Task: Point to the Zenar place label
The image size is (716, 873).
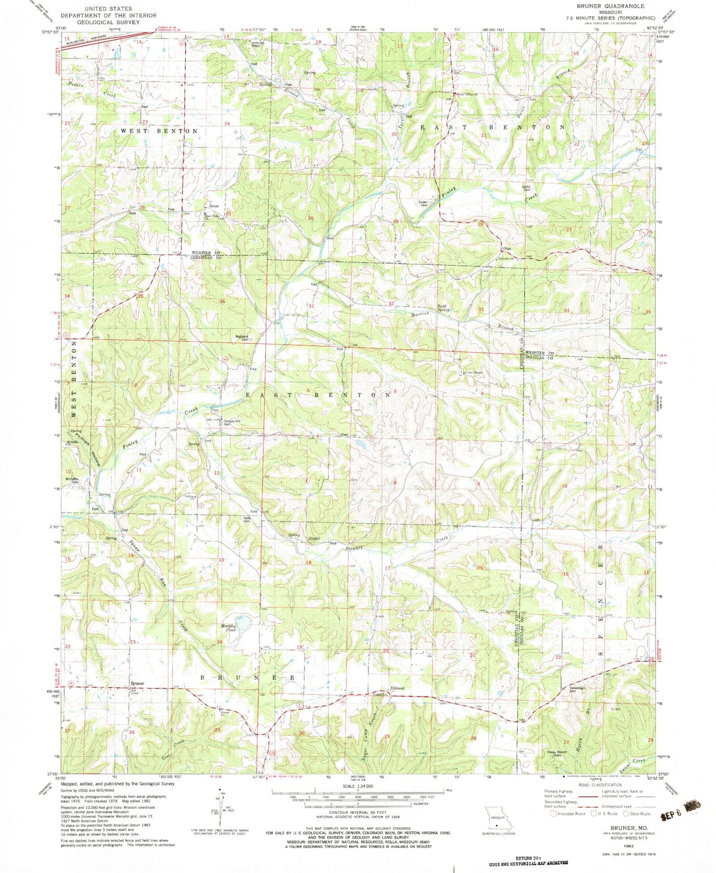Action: point(214,206)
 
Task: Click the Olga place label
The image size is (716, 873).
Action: point(507,248)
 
